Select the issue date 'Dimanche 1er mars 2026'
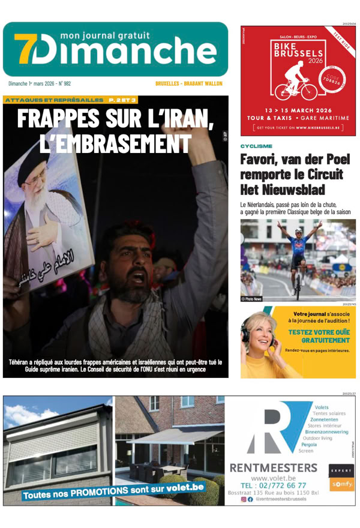(38, 84)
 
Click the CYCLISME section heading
(256, 146)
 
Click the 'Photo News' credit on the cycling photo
(252, 298)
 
